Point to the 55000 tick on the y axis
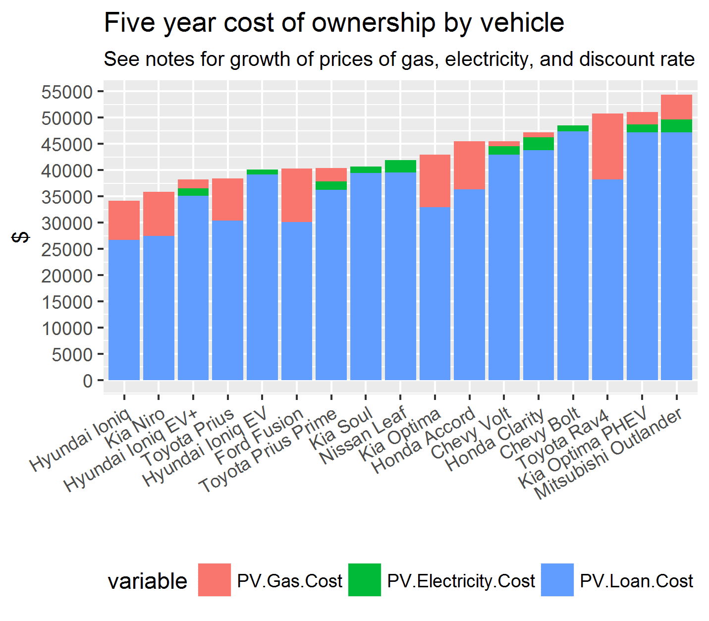[67, 92]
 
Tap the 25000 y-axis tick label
[67, 249]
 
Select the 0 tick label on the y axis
[88, 381]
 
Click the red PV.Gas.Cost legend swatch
[214, 580]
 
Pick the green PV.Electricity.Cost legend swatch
[365, 580]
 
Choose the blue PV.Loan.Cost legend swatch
[557, 580]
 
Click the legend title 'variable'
[148, 581]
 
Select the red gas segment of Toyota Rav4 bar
[607, 146]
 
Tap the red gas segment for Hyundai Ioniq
[124, 220]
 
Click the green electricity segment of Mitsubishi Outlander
[676, 126]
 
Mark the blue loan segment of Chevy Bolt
[573, 255]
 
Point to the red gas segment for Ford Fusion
[296, 195]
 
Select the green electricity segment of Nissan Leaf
[400, 166]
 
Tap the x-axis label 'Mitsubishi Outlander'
[609, 453]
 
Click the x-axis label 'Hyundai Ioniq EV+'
[132, 451]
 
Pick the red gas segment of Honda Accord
[469, 165]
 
